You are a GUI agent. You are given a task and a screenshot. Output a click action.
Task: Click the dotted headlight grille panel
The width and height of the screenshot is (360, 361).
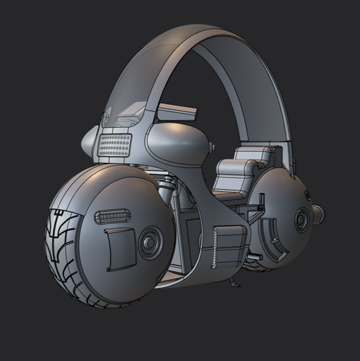click(115, 145)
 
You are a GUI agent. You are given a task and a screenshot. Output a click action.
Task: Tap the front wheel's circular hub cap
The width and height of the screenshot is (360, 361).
click(148, 242)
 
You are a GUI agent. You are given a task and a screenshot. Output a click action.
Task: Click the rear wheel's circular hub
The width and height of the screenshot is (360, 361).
click(302, 220)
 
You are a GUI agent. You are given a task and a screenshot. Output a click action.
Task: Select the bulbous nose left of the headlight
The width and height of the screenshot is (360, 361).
click(89, 143)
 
